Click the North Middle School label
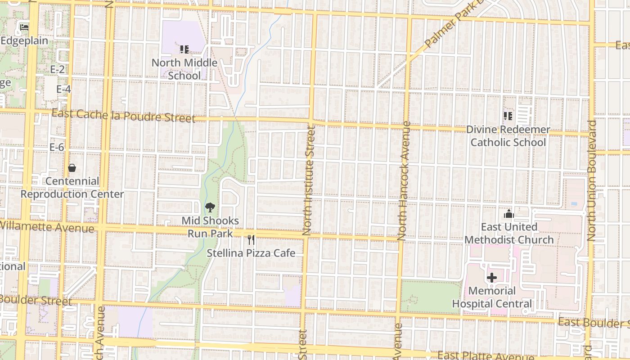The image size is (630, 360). tap(184, 69)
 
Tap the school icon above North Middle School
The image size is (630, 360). tap(184, 49)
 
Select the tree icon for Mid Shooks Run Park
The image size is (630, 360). tap(210, 207)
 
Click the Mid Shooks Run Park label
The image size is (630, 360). tap(210, 227)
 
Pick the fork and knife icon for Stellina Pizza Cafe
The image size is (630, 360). tap(251, 240)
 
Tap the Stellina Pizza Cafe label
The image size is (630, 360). tap(251, 253)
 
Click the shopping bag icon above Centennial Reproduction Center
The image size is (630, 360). tap(72, 168)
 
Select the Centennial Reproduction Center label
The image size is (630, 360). tap(72, 188)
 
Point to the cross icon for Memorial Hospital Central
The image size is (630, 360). tap(492, 278)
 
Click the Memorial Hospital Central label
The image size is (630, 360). tap(492, 297)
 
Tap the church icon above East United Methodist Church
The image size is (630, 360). tap(509, 214)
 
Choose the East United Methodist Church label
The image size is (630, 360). tap(509, 233)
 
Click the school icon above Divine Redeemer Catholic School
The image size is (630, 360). tap(508, 117)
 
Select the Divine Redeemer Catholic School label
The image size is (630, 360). tap(508, 136)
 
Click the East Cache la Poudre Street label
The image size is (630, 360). tap(123, 116)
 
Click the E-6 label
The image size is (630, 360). tap(57, 147)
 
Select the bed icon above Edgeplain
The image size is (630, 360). tap(24, 27)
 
